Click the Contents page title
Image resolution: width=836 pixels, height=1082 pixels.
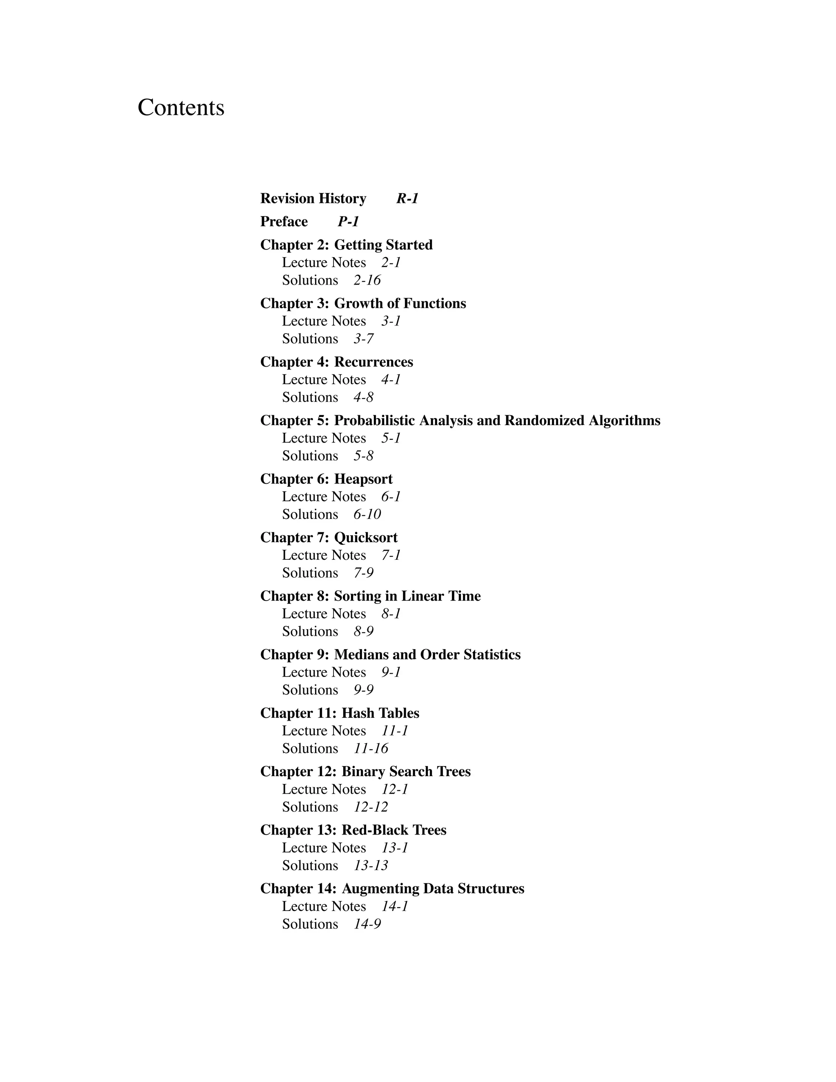[181, 107]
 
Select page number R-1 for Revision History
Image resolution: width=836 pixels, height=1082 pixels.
[407, 199]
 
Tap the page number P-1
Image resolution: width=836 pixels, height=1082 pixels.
[348, 221]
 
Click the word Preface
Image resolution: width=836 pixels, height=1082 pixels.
[284, 221]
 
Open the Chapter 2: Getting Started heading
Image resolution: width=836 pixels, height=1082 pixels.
[346, 245]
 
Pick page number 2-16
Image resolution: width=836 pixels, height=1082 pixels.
[367, 281]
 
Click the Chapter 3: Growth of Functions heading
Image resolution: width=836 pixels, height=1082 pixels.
[363, 303]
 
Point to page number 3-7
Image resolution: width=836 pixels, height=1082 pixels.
[364, 339]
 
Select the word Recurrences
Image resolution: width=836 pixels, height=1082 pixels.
[374, 362]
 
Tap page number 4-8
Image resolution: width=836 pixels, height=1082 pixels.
[364, 397]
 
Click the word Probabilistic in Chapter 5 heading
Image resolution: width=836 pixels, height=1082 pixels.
[374, 421]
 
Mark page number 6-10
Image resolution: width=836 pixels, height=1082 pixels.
[367, 514]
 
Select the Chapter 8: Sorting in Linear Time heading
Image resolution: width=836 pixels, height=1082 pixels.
[371, 596]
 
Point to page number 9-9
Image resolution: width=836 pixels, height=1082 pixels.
[364, 690]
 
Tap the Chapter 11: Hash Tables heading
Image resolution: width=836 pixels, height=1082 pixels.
[340, 713]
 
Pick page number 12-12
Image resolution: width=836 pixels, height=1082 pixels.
[371, 807]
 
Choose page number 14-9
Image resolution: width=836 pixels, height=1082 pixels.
[367, 924]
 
